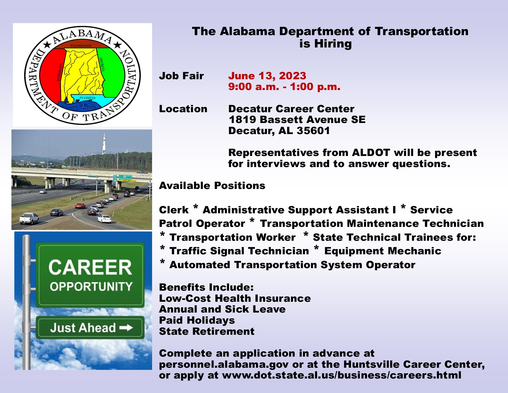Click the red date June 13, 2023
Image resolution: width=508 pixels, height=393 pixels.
point(267,76)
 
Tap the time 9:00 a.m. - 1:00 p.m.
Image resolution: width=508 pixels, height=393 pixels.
point(284,87)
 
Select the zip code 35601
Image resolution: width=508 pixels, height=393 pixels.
point(313,131)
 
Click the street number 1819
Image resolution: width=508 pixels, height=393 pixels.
point(242,120)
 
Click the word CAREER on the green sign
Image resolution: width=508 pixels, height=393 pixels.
point(90,267)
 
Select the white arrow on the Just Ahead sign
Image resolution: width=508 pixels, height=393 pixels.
point(126,327)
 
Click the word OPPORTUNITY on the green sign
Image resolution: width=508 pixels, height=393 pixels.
point(91,287)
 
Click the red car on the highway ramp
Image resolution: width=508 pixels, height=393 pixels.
point(80,206)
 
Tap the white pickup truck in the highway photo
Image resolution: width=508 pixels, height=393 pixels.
point(29,219)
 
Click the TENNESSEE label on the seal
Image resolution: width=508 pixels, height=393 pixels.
point(81,46)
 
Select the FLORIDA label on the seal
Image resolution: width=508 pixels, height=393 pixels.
point(87,98)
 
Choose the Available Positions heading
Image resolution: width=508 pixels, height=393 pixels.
point(212,186)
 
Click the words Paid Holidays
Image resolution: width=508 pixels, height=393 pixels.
point(197,320)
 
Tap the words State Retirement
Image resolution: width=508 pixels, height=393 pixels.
point(207,331)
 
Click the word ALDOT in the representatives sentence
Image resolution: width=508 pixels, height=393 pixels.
point(371,153)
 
